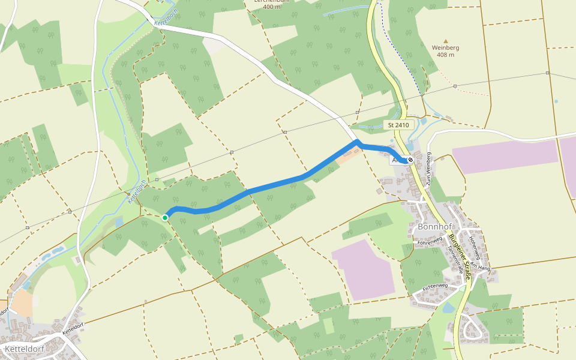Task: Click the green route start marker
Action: (x=165, y=217)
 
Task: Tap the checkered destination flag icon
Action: (x=410, y=160)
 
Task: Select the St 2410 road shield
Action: (x=398, y=125)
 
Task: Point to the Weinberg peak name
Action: (x=445, y=47)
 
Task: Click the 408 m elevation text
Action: (x=445, y=55)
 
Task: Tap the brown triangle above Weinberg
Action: (x=445, y=40)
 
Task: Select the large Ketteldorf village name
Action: (x=26, y=348)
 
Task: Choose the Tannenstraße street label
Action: (x=455, y=259)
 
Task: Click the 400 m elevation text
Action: (x=268, y=7)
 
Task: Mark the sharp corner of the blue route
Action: (x=357, y=142)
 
